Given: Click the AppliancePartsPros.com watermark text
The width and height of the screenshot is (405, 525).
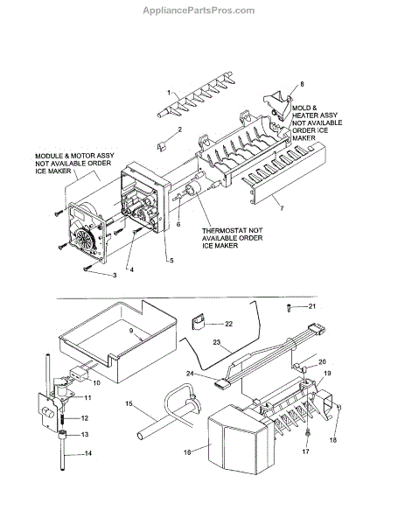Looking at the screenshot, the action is click(199, 10).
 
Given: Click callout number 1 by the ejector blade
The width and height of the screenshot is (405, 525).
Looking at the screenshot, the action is click(169, 93).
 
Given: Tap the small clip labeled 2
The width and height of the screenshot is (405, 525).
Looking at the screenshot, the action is click(161, 146).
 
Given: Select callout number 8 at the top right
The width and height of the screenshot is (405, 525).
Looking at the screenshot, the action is click(302, 84).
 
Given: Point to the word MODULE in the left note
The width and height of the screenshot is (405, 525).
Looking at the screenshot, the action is click(49, 156).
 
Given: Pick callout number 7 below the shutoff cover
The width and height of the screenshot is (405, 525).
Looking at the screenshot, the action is click(282, 208).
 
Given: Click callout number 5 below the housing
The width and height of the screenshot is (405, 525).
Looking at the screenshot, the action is click(171, 260).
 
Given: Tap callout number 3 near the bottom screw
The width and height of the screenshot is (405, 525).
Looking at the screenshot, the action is click(115, 276).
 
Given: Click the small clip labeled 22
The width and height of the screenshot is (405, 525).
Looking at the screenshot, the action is click(198, 321).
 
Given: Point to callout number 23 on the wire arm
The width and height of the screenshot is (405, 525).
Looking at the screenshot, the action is click(217, 342).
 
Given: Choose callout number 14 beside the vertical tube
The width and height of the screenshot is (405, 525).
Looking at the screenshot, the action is click(88, 453).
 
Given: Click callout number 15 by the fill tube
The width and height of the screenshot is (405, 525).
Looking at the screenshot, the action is click(129, 403).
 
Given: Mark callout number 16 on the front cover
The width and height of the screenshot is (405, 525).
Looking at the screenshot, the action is click(187, 452).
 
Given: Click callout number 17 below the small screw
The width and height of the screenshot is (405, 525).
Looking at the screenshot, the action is click(305, 451).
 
